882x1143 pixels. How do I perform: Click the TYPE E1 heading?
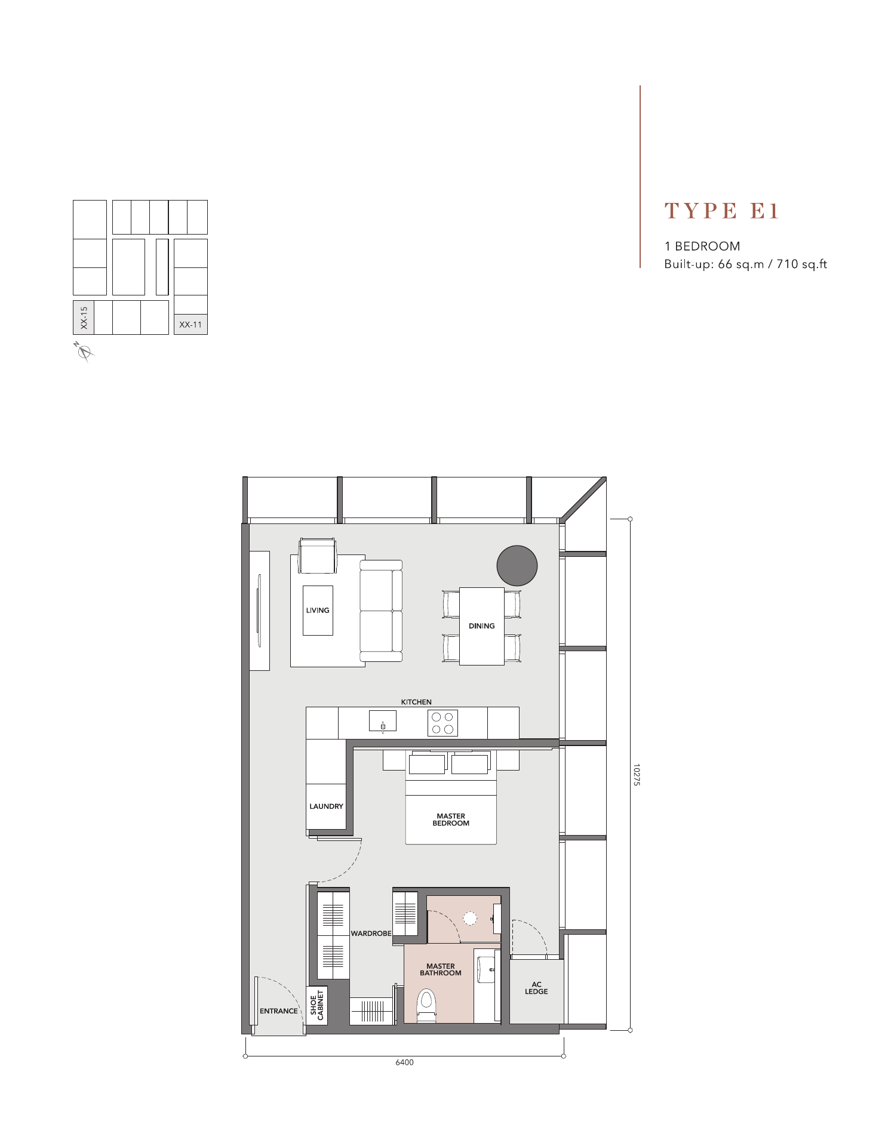722,211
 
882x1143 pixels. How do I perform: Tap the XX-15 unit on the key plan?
84,318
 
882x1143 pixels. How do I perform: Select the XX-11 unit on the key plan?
190,324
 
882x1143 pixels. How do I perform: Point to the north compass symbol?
84,352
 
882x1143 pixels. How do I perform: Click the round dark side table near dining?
517,565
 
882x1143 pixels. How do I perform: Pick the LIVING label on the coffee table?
318,610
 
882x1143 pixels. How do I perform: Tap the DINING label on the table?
482,626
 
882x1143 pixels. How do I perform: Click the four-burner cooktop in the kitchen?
442,723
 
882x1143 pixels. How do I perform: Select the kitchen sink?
383,721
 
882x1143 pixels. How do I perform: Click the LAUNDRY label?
326,806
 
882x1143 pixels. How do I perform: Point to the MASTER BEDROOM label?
451,819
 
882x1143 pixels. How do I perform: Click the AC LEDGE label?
536,988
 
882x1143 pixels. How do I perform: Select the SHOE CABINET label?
316,1005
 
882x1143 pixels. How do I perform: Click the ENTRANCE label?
279,1010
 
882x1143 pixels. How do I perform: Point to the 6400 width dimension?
404,1062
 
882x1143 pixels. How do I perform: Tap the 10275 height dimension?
636,774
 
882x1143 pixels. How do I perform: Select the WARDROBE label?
371,933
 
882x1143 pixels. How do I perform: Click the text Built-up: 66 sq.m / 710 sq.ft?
746,264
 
